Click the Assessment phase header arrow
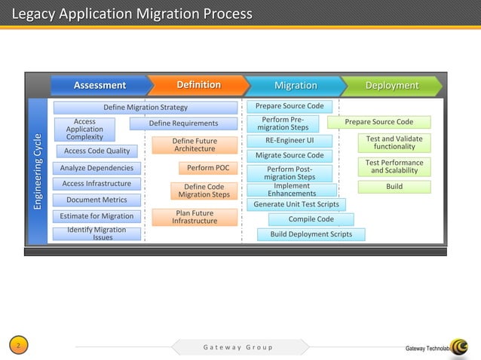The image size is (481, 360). point(99,85)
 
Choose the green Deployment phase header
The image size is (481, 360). point(391,85)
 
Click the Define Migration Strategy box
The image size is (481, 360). point(145,108)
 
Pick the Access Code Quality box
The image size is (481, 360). point(97,151)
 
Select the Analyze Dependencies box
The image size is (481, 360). point(97,168)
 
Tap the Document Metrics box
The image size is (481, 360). point(97,200)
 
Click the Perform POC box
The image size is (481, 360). point(208,168)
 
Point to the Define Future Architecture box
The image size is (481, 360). point(195,145)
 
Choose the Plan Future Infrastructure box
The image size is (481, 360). point(195,217)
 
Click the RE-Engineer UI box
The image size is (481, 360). point(290,140)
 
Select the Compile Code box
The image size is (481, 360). point(311,219)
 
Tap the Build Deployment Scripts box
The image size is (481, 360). point(311,234)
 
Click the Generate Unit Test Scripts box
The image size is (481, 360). point(296,204)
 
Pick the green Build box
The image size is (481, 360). point(394,186)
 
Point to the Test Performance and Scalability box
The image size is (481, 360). point(394,166)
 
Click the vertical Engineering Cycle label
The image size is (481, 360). point(38,172)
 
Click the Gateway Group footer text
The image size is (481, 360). point(238,347)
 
